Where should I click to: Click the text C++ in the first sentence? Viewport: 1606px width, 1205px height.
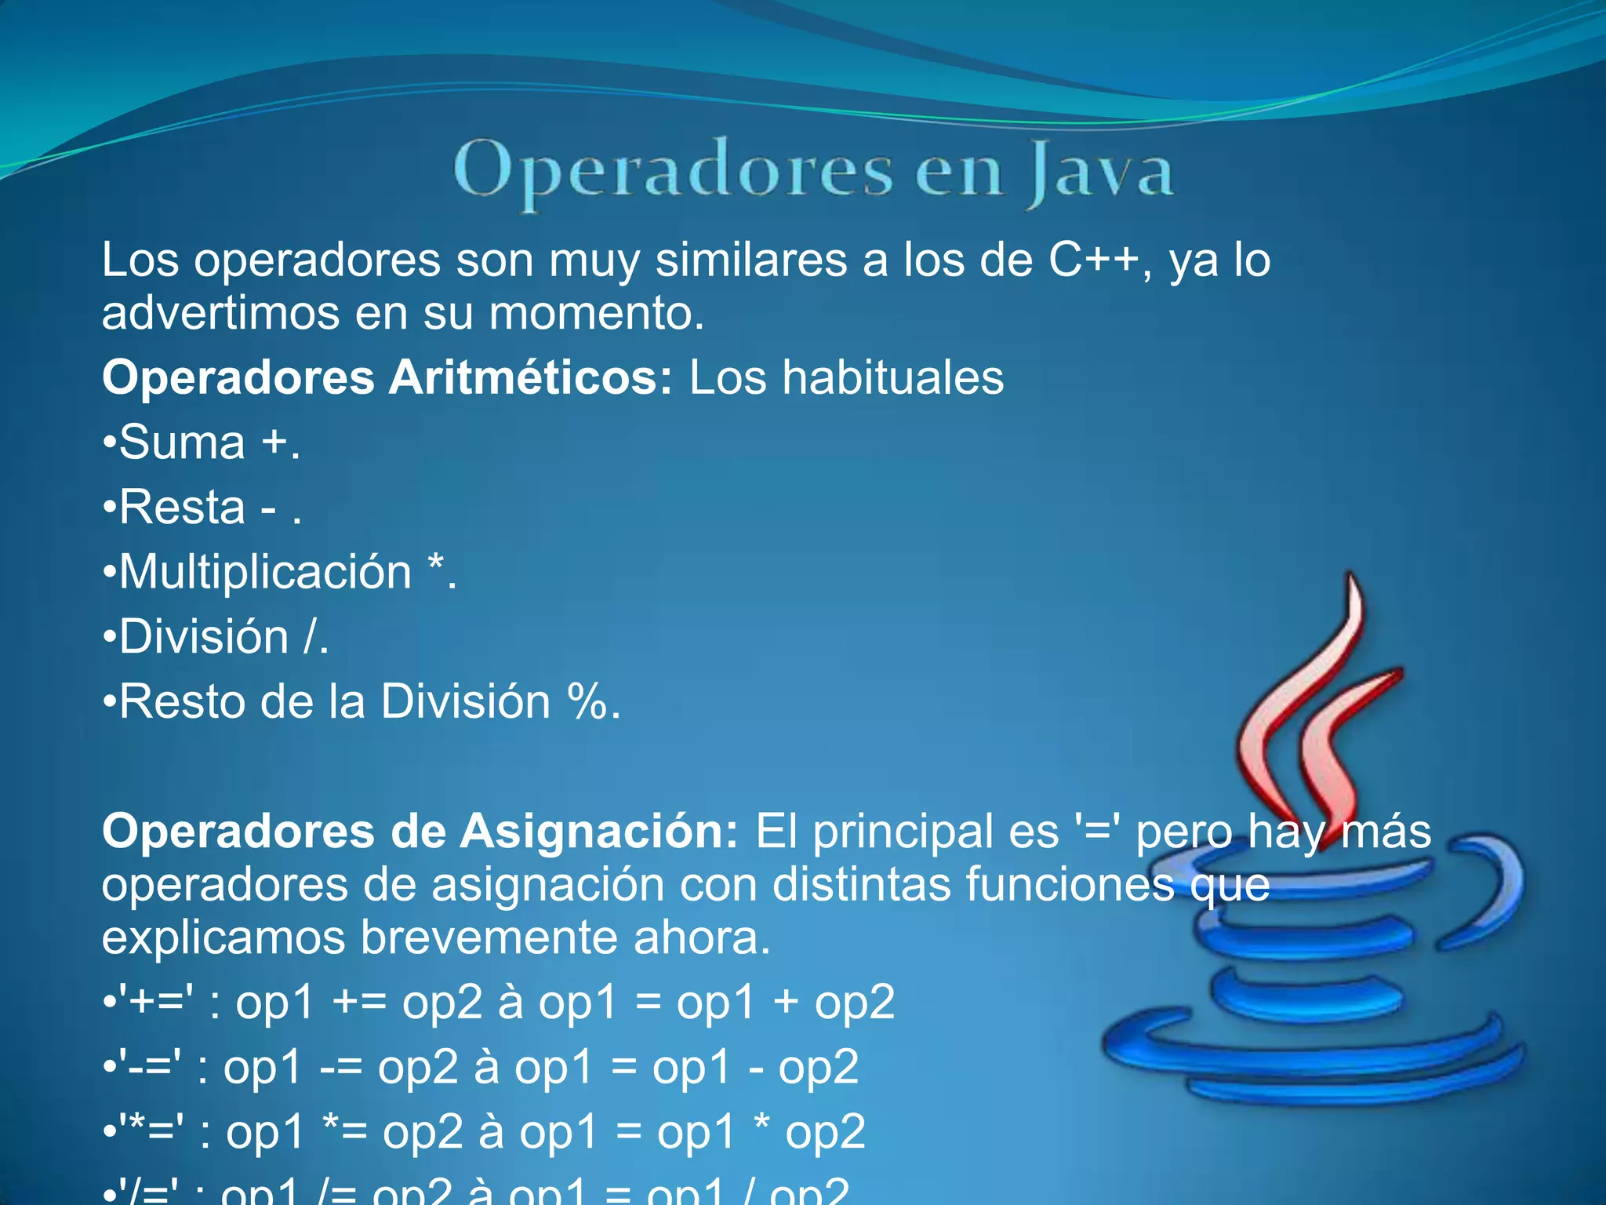click(1093, 260)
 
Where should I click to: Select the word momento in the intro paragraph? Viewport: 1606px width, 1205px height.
click(596, 313)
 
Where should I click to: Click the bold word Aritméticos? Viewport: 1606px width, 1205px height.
click(531, 377)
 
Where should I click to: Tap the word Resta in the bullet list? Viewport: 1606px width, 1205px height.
click(183, 508)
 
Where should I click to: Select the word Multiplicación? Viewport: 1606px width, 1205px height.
click(265, 572)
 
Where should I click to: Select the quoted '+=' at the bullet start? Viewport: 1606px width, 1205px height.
click(156, 1002)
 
